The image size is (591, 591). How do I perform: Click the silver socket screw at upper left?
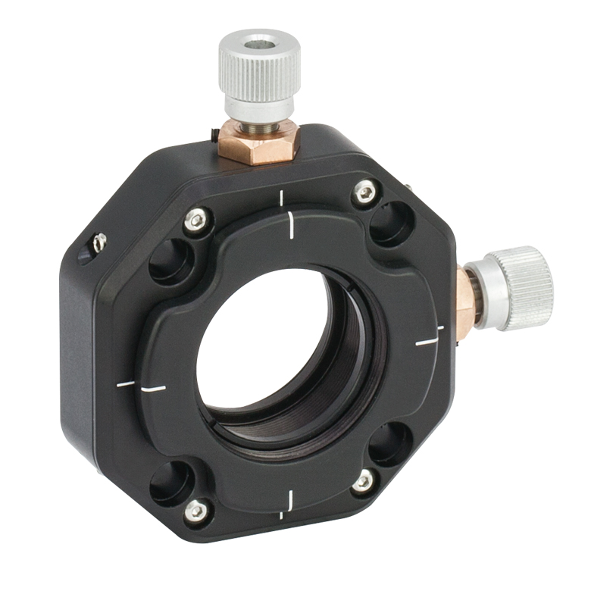click(x=198, y=220)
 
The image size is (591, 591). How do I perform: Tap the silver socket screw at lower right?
click(x=364, y=480)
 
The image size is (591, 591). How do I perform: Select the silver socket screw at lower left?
click(x=195, y=510)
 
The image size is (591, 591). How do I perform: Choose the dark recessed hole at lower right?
click(x=391, y=443)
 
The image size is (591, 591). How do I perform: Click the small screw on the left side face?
click(x=98, y=242)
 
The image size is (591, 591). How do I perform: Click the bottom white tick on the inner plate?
click(x=289, y=499)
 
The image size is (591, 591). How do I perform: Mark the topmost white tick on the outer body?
click(x=281, y=198)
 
